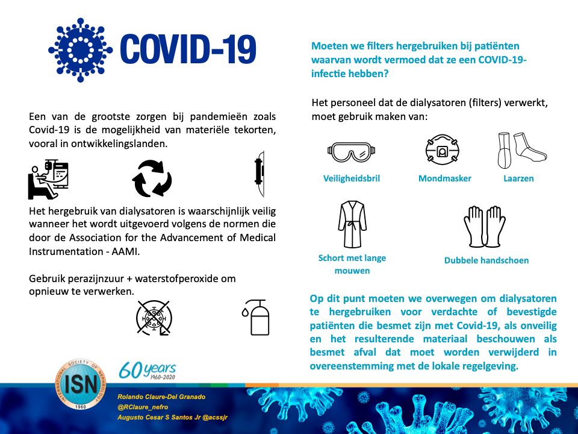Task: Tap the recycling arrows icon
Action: [x=152, y=178]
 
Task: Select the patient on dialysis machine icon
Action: [x=49, y=179]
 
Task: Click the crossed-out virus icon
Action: [x=154, y=317]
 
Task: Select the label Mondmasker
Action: [x=445, y=178]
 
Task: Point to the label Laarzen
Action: [x=518, y=178]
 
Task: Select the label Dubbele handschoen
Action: [x=486, y=260]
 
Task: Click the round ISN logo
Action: [x=81, y=385]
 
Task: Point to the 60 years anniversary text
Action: [x=148, y=370]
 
